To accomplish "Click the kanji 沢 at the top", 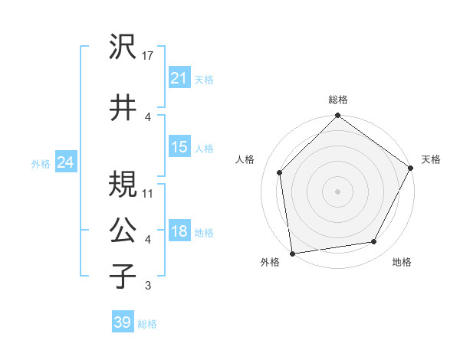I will pos(123,47).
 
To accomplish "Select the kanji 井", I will pos(123,107).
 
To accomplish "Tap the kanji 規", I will pos(123,184).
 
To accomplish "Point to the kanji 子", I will pos(123,276).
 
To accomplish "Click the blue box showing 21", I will pos(179,78).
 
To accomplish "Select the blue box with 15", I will pos(179,147).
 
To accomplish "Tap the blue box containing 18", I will pos(179,232).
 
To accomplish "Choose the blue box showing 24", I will pos(66,162).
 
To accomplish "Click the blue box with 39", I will pos(122,322).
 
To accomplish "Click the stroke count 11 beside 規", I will pos(148,192).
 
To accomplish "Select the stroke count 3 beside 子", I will pos(147,286).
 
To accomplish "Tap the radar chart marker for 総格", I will pos(337,116).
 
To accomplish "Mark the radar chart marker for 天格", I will pos(412,169).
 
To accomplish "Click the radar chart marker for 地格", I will pos(374,242).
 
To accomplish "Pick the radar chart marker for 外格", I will pos(292,253).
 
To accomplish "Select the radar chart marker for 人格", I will pos(280,172).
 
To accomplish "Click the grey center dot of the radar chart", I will pos(337,191).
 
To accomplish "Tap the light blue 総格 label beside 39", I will pos(147,323).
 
